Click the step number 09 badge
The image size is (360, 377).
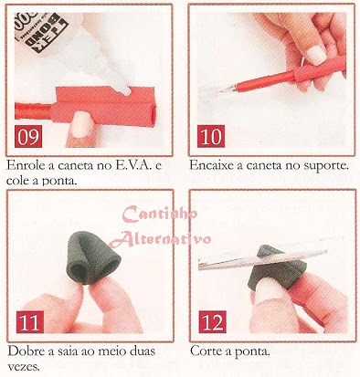[x=28, y=137]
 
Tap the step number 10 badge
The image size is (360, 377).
[x=211, y=136]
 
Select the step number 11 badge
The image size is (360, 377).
[x=30, y=322]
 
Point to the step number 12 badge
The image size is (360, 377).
[x=212, y=321]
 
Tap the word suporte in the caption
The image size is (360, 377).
[x=326, y=166]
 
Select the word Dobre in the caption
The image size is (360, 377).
[x=26, y=351]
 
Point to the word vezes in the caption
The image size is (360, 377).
[x=24, y=367]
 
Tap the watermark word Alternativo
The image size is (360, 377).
[x=161, y=238]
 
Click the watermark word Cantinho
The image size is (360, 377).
[x=160, y=215]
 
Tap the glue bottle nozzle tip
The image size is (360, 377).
[x=125, y=90]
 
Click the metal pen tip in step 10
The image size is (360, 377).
[x=226, y=89]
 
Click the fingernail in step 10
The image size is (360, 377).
[x=316, y=55]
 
